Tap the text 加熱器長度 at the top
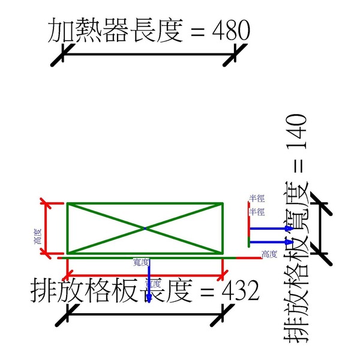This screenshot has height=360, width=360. (115, 30)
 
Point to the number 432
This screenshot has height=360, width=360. (240, 292)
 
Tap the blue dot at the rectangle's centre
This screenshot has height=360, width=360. (145, 229)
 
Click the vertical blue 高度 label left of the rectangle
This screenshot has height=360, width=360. (37, 237)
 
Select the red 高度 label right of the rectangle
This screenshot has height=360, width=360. (269, 254)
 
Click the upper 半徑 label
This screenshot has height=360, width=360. (257, 198)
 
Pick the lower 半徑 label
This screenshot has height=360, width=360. (257, 212)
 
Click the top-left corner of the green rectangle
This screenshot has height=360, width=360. (67, 204)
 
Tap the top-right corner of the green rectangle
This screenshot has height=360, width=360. (223, 204)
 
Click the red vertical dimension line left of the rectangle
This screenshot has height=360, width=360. (47, 229)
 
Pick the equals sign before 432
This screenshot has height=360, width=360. (207, 293)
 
